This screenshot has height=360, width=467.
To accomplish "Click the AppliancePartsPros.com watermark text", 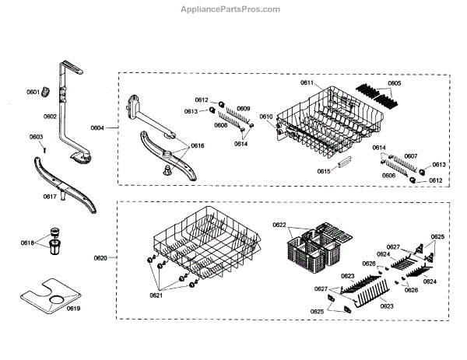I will [x=230, y=9].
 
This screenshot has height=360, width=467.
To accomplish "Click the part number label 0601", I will [x=33, y=93].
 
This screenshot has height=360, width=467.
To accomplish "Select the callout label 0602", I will [x=50, y=117].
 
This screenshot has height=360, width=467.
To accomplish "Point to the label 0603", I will [x=36, y=137].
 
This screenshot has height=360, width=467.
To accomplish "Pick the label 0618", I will [x=27, y=243].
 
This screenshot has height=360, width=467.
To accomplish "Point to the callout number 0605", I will [x=395, y=83].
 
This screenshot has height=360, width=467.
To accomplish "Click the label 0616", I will [x=197, y=145].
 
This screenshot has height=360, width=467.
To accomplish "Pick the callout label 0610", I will [x=266, y=117].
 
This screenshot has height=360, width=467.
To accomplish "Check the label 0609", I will [x=244, y=108].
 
